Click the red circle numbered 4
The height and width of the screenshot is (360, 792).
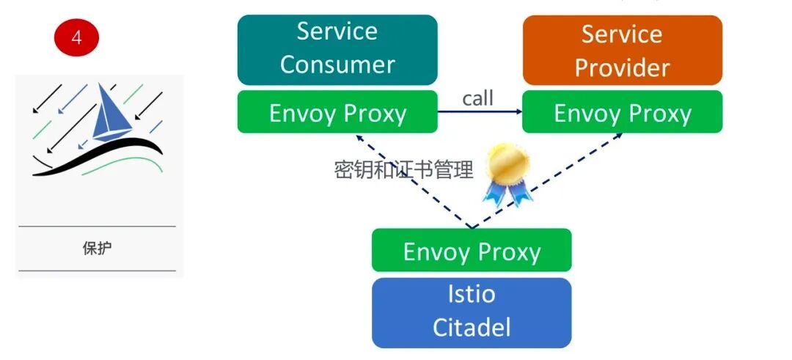tap(76, 38)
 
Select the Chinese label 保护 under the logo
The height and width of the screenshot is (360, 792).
tap(97, 248)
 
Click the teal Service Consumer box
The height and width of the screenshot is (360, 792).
tap(337, 49)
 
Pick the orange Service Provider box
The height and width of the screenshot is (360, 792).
tap(622, 51)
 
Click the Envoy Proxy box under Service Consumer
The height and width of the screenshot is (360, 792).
tap(337, 113)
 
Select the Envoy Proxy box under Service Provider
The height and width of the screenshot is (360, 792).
tap(622, 113)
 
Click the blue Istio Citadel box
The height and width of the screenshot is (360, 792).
tap(471, 311)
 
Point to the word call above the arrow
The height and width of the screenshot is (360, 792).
tap(477, 98)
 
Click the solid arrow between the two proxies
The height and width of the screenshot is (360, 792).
tap(480, 112)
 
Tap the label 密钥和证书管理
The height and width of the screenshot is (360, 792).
tap(403, 170)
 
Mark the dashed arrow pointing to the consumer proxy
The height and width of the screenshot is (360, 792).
tap(411, 180)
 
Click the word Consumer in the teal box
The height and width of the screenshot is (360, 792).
tap(337, 65)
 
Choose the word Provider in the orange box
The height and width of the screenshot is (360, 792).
tap(622, 67)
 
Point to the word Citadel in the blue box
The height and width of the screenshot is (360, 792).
tap(472, 327)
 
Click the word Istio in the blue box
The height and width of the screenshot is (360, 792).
tap(472, 295)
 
